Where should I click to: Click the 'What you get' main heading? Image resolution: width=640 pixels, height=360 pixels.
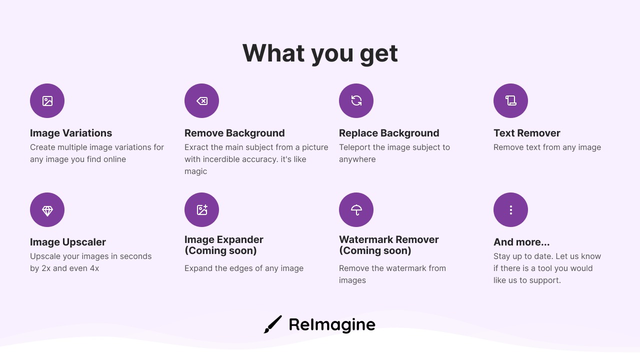click(320, 53)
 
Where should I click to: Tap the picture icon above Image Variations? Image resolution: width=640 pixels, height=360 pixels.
click(47, 101)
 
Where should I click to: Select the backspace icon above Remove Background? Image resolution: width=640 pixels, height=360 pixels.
click(202, 101)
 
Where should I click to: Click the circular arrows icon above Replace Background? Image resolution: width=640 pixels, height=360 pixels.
click(356, 100)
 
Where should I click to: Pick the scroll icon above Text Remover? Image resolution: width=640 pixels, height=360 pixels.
click(511, 100)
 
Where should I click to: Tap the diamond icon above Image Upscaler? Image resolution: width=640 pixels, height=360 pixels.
click(47, 211)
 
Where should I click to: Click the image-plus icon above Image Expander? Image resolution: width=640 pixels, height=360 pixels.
click(202, 209)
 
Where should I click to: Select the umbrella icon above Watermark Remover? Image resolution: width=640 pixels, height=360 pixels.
click(356, 210)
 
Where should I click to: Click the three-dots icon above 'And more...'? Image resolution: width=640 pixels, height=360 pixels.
click(511, 210)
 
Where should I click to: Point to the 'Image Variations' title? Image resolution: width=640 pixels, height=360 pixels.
click(71, 133)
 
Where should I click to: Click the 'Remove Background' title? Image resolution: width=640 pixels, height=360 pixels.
click(234, 133)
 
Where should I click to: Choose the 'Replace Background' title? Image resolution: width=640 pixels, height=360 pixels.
click(389, 133)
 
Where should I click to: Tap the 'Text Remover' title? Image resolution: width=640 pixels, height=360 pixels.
click(527, 133)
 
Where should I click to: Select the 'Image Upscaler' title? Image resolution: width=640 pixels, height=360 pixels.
click(68, 242)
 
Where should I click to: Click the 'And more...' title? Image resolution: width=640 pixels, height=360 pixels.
click(521, 242)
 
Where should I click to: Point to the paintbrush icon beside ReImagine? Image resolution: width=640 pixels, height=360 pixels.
click(273, 324)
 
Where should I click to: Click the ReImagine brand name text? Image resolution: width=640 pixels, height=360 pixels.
click(332, 325)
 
